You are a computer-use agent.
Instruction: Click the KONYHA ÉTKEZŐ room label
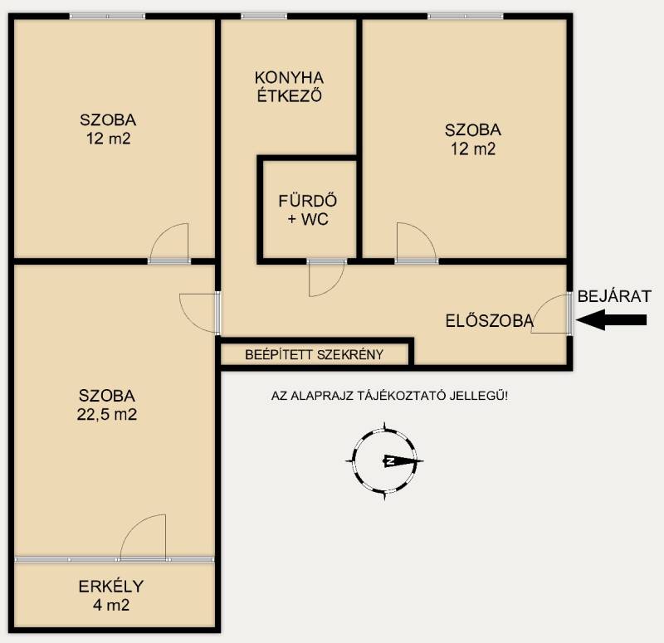tap(290, 87)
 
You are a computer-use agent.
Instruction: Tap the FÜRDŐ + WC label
tap(308, 210)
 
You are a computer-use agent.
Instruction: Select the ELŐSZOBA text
tap(489, 321)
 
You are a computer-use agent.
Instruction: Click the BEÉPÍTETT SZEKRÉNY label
tap(315, 355)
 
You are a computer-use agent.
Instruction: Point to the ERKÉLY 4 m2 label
tap(111, 596)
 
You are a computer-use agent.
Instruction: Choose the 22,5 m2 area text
tap(107, 414)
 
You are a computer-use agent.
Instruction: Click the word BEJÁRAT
tap(614, 296)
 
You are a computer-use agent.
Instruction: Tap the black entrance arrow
tap(612, 319)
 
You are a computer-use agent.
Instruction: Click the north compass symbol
tap(384, 461)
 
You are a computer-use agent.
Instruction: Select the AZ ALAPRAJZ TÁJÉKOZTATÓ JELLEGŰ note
tap(389, 397)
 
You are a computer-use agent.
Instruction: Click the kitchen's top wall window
tap(264, 17)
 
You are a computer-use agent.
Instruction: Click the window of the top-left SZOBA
tap(108, 17)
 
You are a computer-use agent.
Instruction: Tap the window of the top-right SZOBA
tap(466, 17)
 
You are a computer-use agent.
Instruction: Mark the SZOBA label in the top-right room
tap(473, 130)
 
